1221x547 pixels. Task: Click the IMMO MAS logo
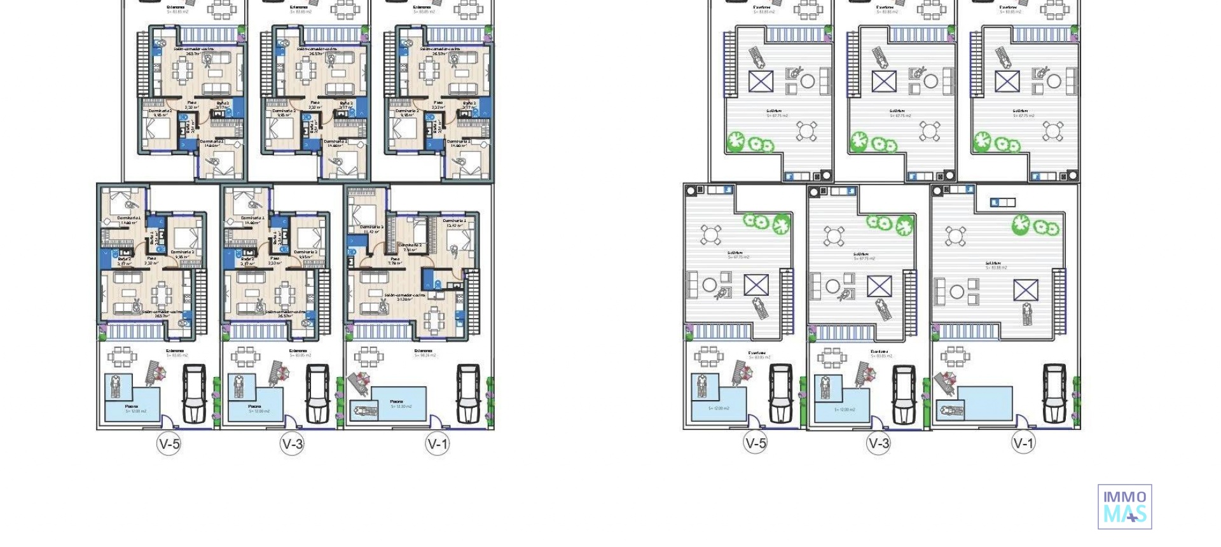(x=1124, y=506)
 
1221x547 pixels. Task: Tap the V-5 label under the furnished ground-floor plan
(x=169, y=443)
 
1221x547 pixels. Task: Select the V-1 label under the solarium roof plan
(x=1023, y=443)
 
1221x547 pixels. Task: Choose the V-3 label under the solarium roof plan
(x=878, y=443)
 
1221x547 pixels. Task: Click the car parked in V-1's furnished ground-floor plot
(x=468, y=393)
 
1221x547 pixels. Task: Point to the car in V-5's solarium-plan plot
(x=780, y=393)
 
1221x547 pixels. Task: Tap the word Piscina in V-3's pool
(x=254, y=406)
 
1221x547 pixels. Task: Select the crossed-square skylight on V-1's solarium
(x=1025, y=290)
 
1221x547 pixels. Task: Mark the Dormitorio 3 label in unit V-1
(x=371, y=227)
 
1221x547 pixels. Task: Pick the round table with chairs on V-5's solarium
(x=710, y=234)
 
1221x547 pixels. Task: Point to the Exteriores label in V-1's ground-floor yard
(x=423, y=350)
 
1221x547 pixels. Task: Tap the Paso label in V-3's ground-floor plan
(x=274, y=259)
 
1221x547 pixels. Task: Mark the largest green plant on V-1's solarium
(x=1021, y=223)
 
